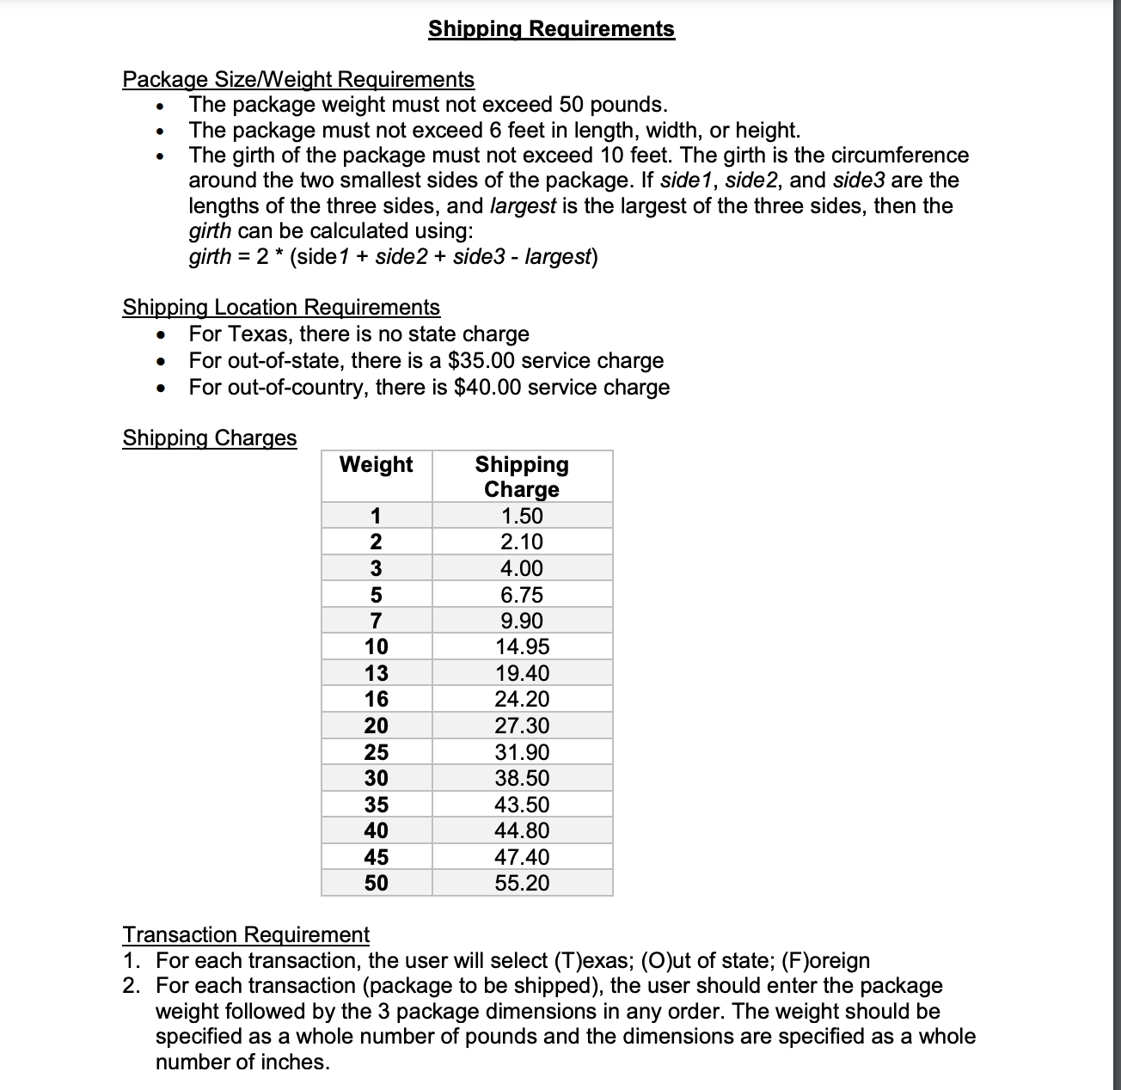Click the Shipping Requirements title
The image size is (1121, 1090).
[x=551, y=29]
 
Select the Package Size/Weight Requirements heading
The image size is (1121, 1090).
[x=298, y=80]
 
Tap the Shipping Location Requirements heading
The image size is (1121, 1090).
[x=281, y=308]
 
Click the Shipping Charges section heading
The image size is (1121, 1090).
[x=210, y=438]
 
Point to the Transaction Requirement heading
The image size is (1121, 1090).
[x=246, y=934]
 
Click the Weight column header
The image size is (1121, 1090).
[x=377, y=465]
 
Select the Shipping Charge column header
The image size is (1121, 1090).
[x=522, y=477]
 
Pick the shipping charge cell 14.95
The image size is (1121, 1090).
[x=522, y=647]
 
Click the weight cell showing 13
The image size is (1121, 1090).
[x=377, y=673]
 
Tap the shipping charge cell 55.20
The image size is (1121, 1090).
[x=522, y=883]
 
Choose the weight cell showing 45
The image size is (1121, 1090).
[x=377, y=857]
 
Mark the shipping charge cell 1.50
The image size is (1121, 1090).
[x=522, y=516]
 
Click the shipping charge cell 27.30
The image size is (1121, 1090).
[x=522, y=726]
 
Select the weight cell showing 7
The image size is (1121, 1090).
[x=377, y=621]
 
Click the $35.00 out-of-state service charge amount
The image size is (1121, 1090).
[x=481, y=361]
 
